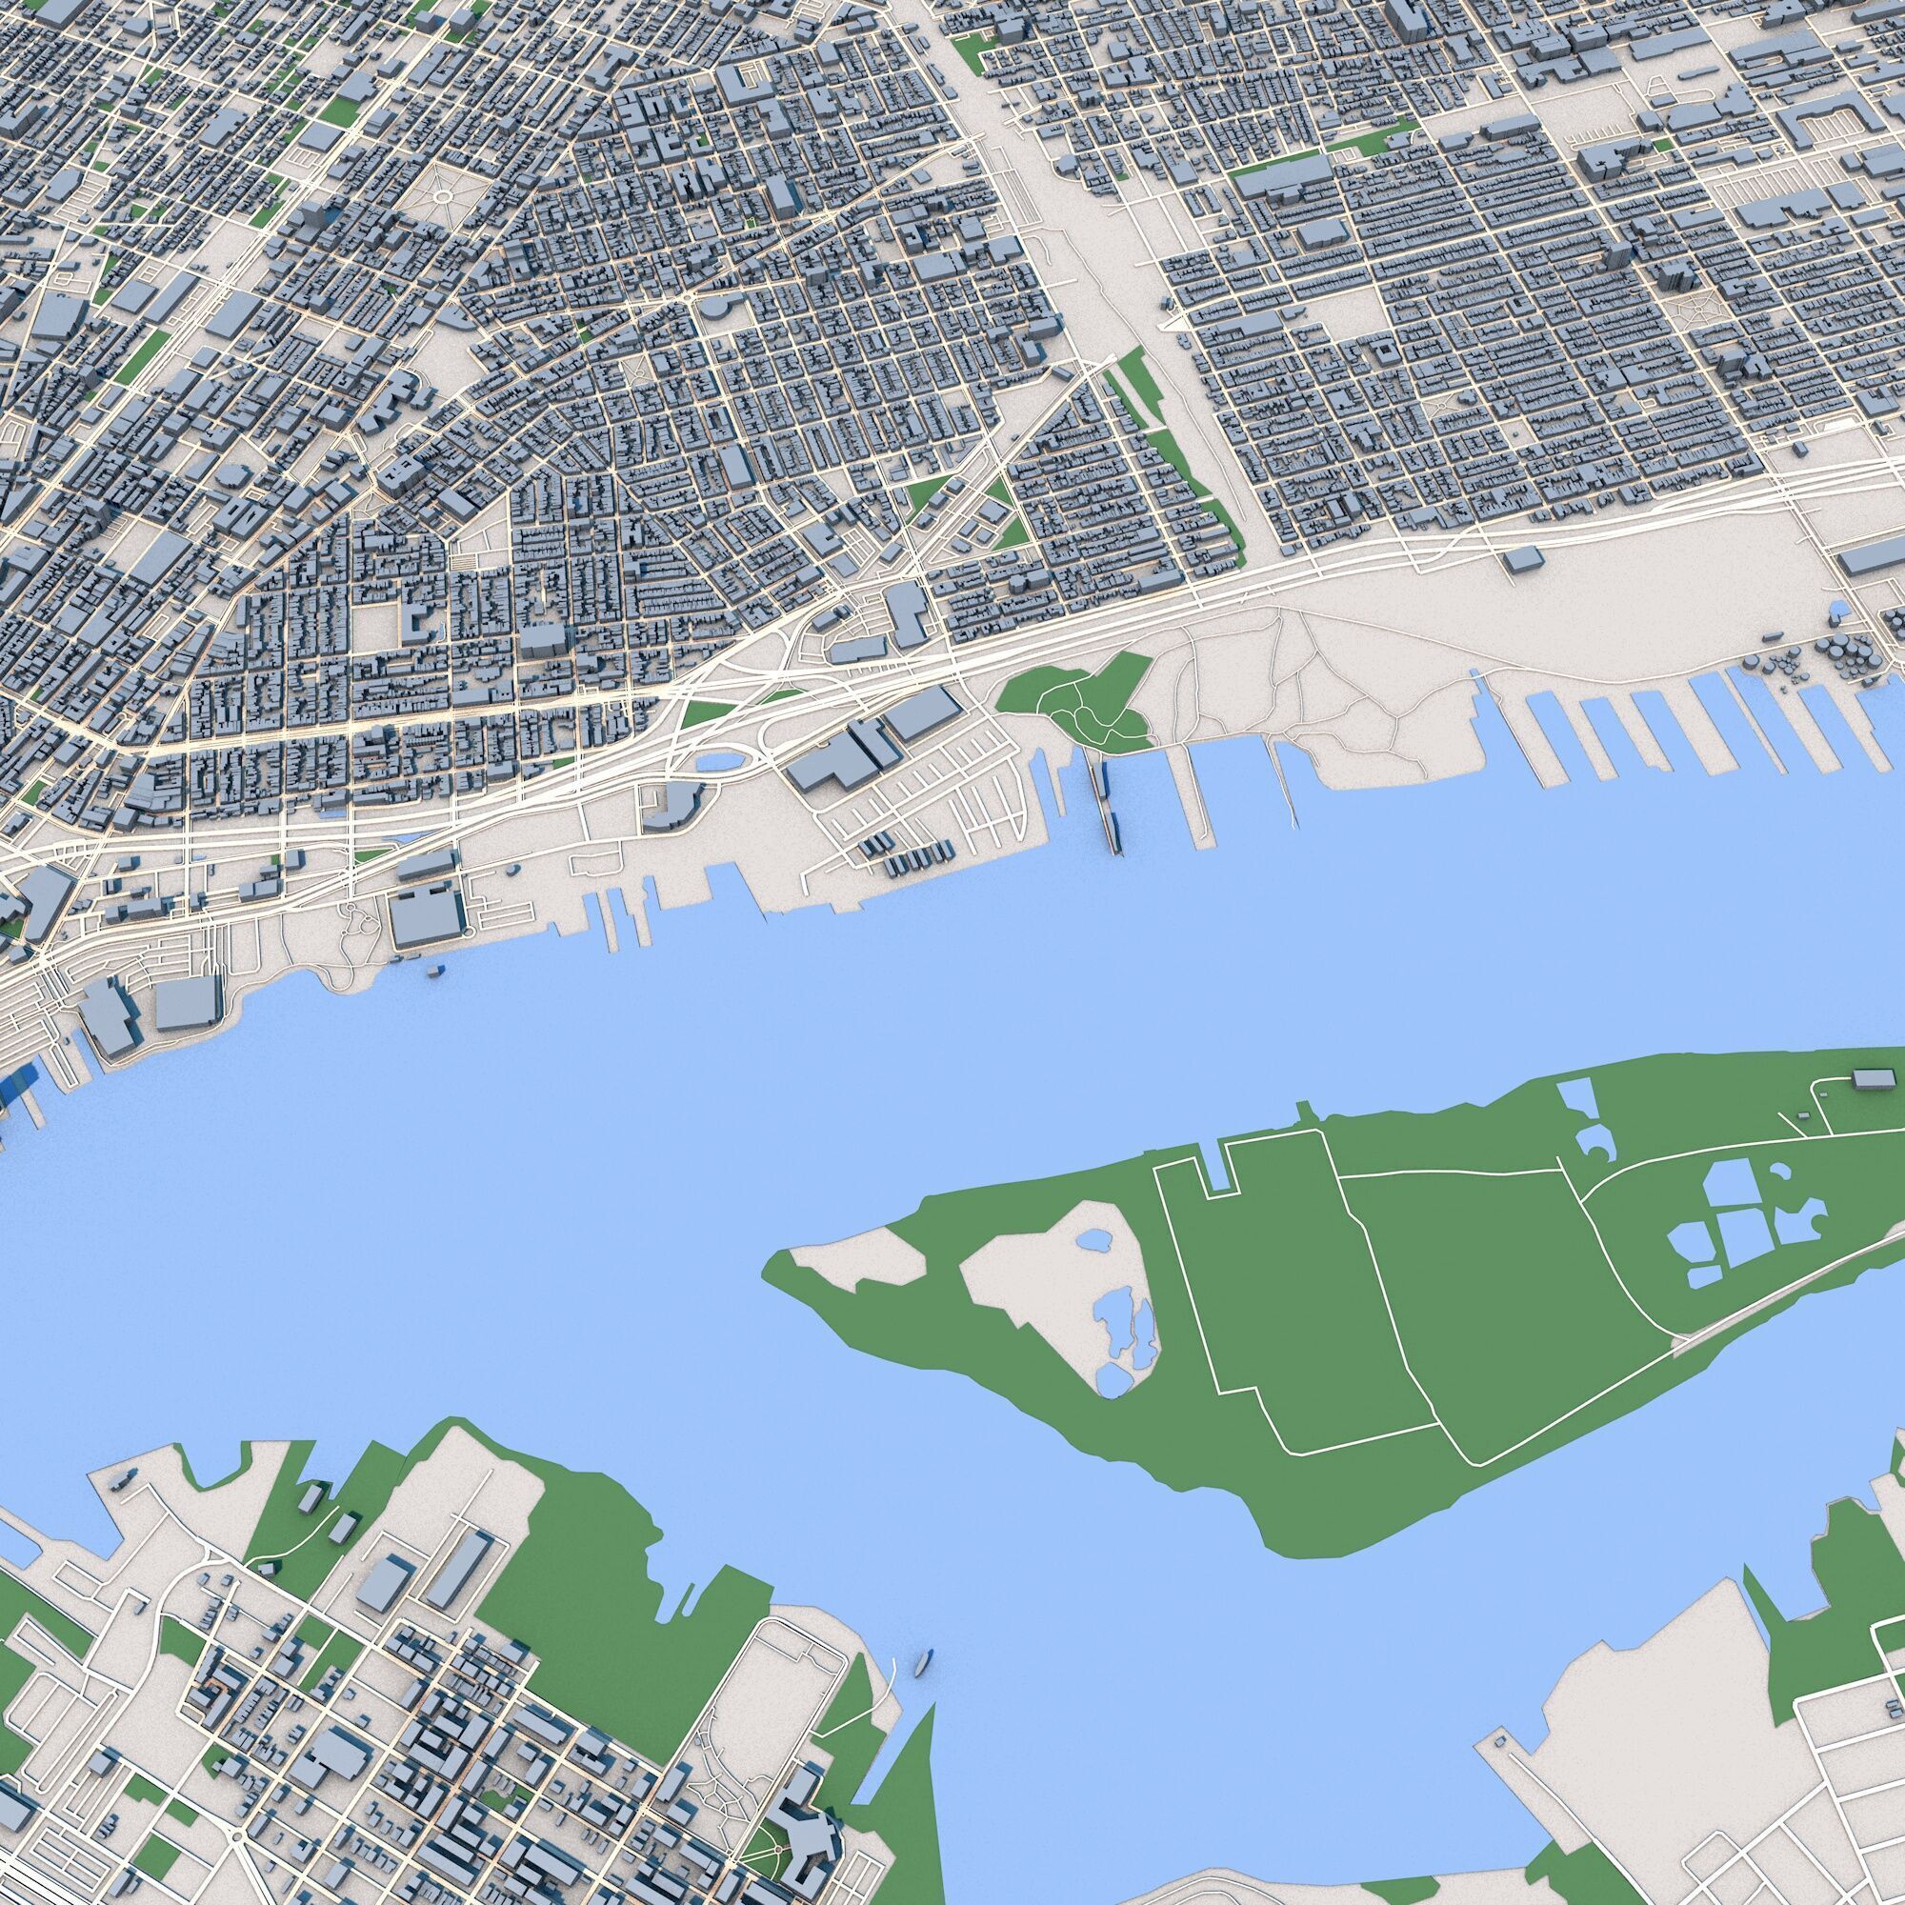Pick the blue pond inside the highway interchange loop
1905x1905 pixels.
[x=719, y=762]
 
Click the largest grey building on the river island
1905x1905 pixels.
[x=1869, y=1077]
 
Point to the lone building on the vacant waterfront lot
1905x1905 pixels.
[x=1523, y=559]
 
